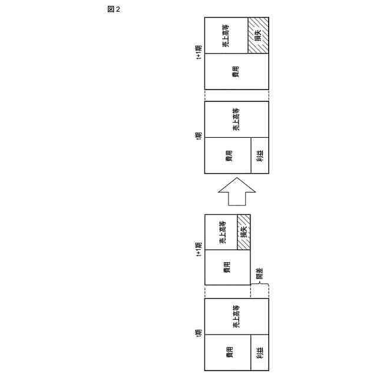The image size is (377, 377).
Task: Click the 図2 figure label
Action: coord(114,9)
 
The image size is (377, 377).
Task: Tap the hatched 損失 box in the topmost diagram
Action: coord(258,35)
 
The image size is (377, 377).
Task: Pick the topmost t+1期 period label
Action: coord(199,52)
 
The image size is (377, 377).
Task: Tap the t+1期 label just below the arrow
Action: coord(199,248)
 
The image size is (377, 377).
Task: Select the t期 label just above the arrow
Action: coord(199,137)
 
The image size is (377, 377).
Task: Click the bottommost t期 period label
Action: coord(199,334)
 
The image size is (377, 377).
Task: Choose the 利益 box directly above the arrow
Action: coord(260,156)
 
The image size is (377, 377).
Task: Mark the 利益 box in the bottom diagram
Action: coord(260,353)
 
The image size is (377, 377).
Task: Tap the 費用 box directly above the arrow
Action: coord(227,156)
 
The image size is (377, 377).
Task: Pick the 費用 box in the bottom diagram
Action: coord(227,353)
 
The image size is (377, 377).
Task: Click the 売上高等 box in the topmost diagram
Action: coord(226,35)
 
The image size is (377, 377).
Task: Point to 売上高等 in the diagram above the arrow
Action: coord(236,120)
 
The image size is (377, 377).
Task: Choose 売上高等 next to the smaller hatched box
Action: coord(221,232)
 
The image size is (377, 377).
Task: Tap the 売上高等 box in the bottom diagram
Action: coord(236,317)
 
